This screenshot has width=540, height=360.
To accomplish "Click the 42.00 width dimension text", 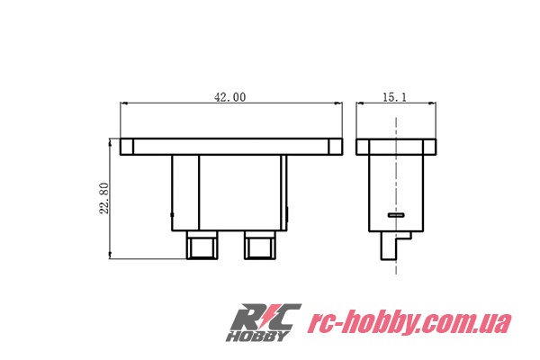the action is tap(230, 97).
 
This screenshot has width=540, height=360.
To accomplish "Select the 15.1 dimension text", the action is tap(395, 97).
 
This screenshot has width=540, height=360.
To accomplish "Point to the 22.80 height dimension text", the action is tap(104, 198).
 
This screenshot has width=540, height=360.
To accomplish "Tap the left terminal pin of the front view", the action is tap(202, 245).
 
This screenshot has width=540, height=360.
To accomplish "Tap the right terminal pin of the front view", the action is tap(260, 245).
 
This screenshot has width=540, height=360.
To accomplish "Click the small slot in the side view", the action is tap(396, 215).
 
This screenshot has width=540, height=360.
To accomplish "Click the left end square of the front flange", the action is tap(127, 147).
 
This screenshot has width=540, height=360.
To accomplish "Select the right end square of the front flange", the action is tap(336, 147).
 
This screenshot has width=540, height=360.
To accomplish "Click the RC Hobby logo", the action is tap(264, 322).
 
